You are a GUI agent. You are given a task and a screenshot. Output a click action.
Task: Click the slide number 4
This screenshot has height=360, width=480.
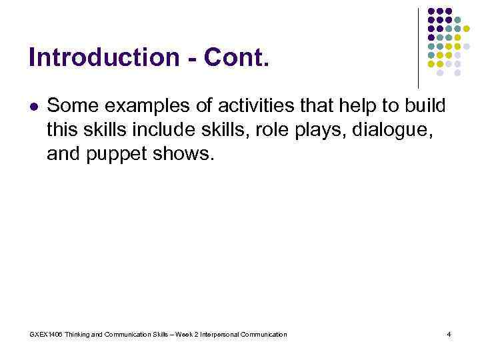[449, 334]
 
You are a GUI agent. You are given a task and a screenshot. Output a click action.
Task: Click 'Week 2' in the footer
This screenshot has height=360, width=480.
[186, 334]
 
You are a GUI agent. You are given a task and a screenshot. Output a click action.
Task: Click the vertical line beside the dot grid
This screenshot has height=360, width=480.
[418, 47]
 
